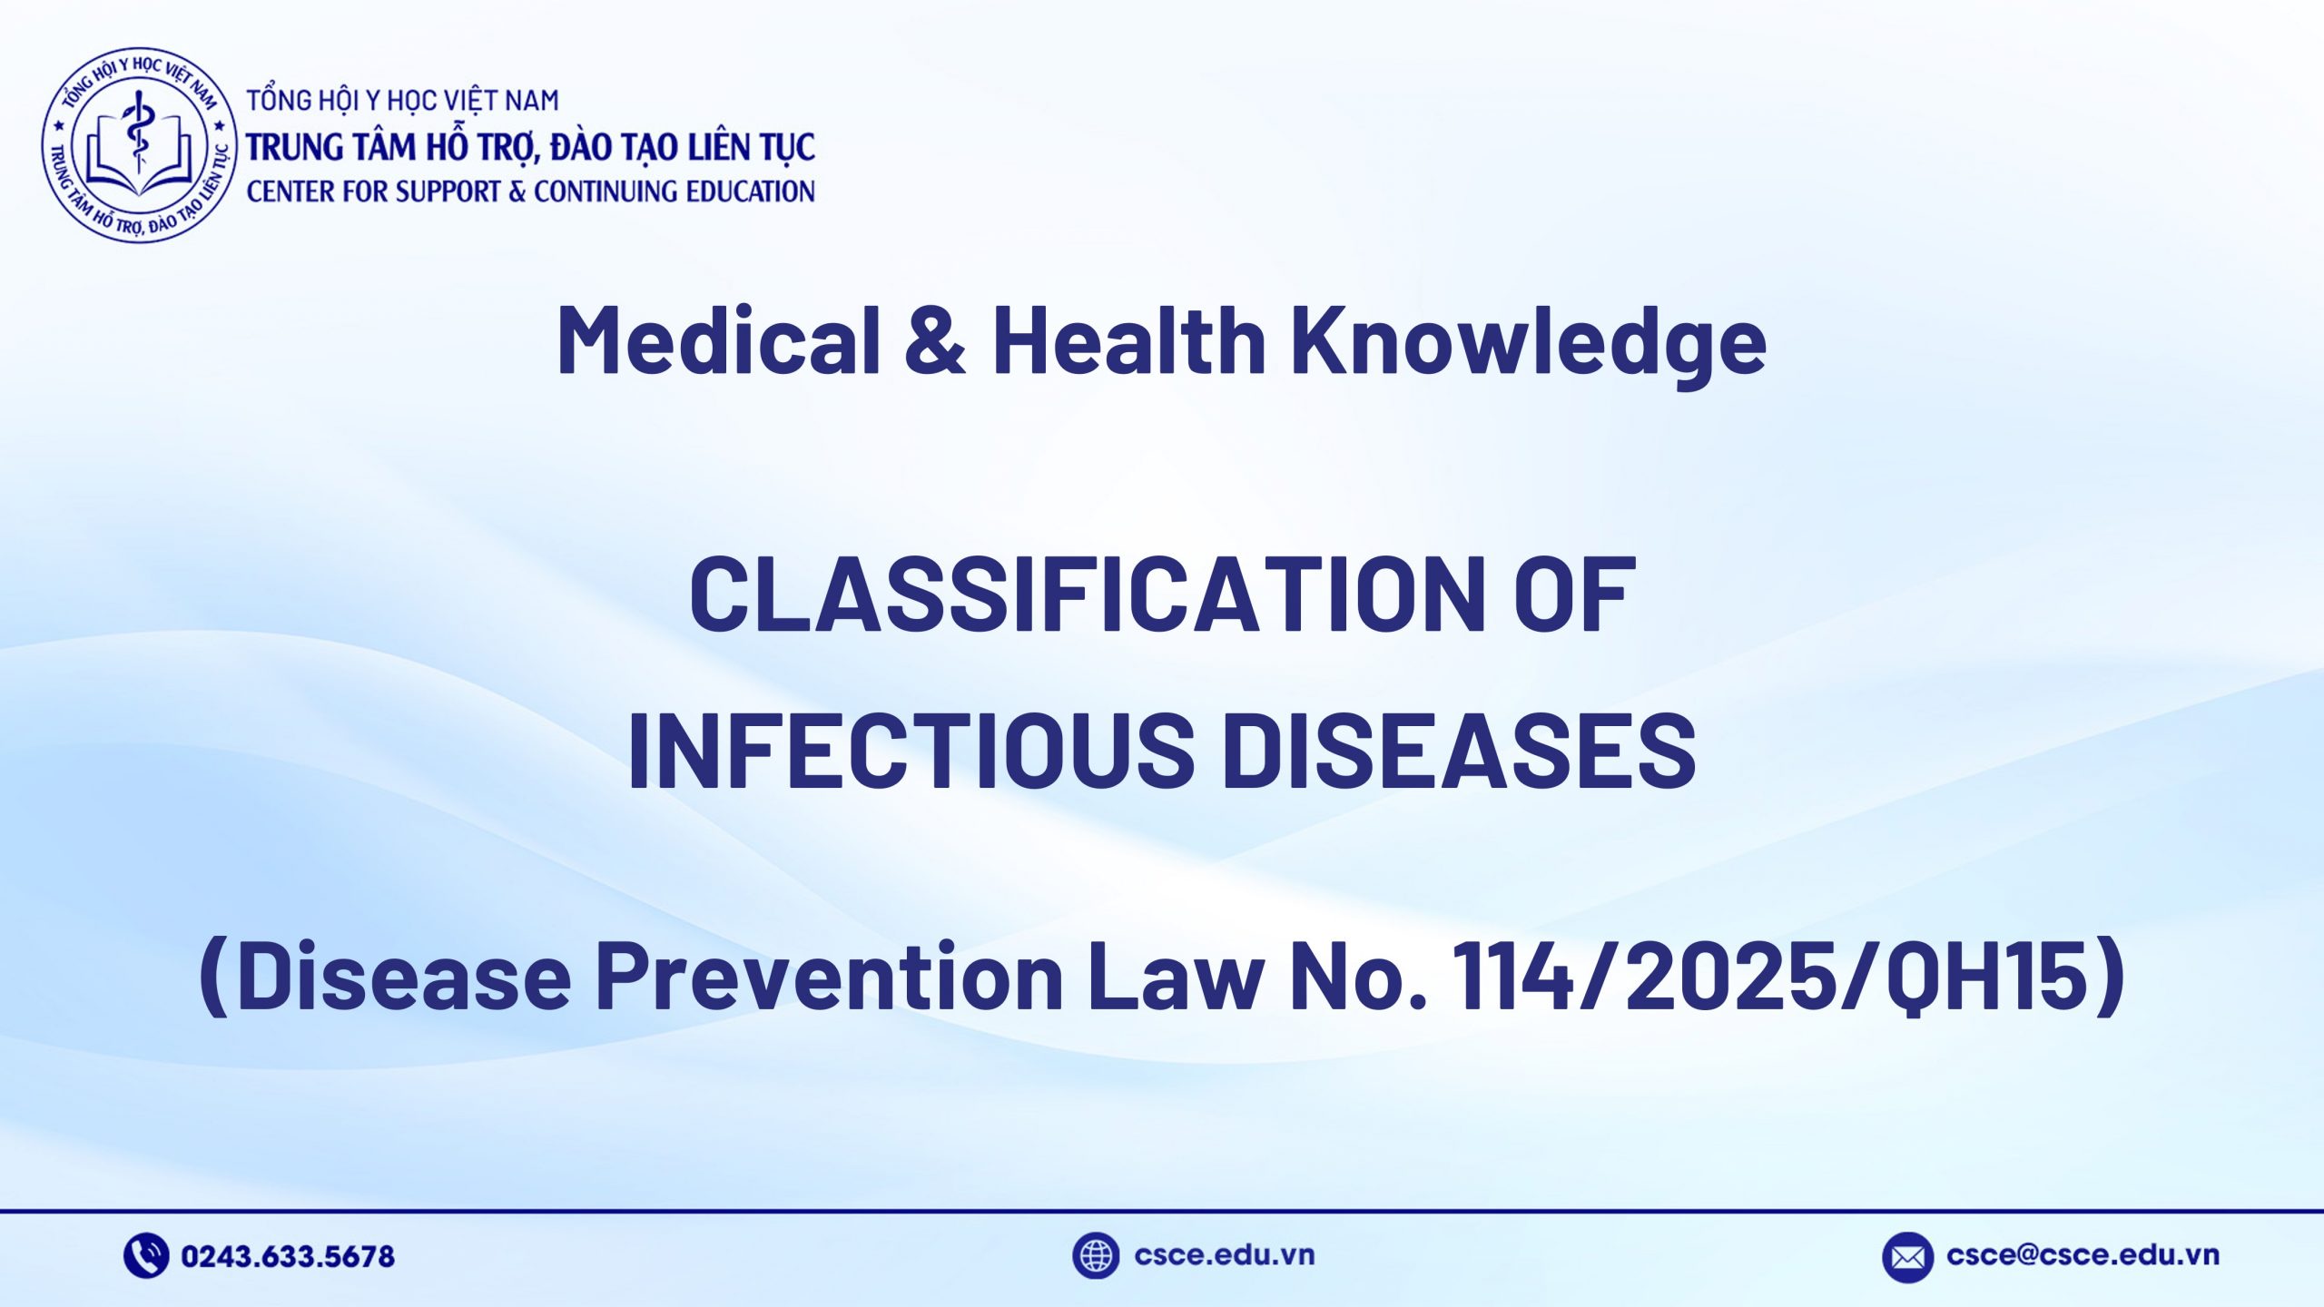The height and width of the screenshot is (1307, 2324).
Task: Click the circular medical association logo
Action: (x=139, y=146)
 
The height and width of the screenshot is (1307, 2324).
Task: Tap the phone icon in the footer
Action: (x=145, y=1256)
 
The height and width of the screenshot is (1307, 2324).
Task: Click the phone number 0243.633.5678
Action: (x=288, y=1256)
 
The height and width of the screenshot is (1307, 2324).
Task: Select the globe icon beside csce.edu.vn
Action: (x=1095, y=1256)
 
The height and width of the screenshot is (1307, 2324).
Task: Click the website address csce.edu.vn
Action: (x=1224, y=1255)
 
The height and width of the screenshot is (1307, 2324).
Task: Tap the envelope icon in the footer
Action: (x=1907, y=1257)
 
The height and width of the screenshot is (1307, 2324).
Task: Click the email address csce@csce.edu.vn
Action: (x=2083, y=1255)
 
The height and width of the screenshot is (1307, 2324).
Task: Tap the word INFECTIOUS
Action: (x=911, y=750)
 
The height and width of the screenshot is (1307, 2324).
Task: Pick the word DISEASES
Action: (x=1459, y=750)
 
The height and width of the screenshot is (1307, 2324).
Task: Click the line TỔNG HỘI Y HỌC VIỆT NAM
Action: (x=403, y=100)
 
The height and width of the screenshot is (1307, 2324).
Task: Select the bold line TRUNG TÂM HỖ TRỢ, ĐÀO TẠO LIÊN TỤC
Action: (x=531, y=147)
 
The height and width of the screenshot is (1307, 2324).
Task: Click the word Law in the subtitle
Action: (x=1176, y=976)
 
